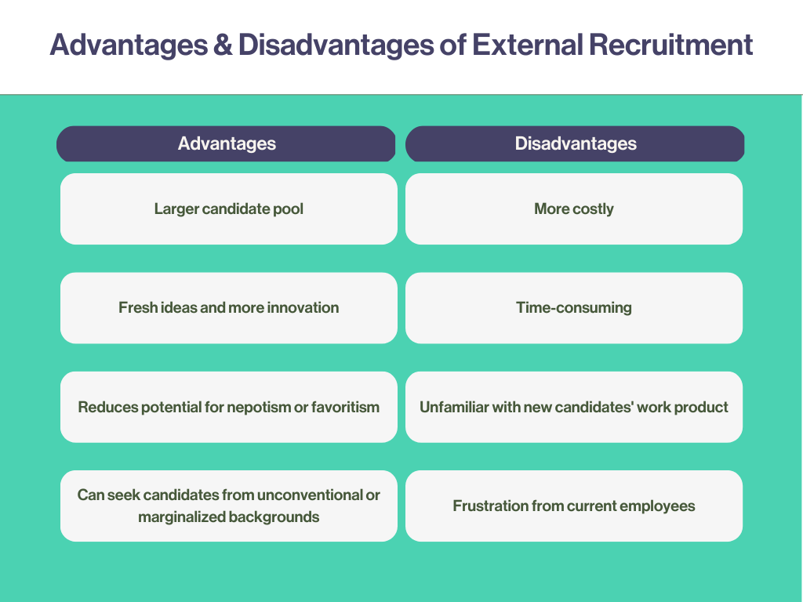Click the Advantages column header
click(x=226, y=144)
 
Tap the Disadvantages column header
click(x=575, y=144)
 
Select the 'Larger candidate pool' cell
click(x=229, y=209)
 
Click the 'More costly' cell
click(x=573, y=209)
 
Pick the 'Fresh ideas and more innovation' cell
click(x=229, y=307)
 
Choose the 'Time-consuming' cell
click(x=573, y=307)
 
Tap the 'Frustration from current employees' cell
click(x=573, y=506)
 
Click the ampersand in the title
click(x=223, y=45)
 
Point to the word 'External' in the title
click(x=527, y=45)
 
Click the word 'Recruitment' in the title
click(x=671, y=45)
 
